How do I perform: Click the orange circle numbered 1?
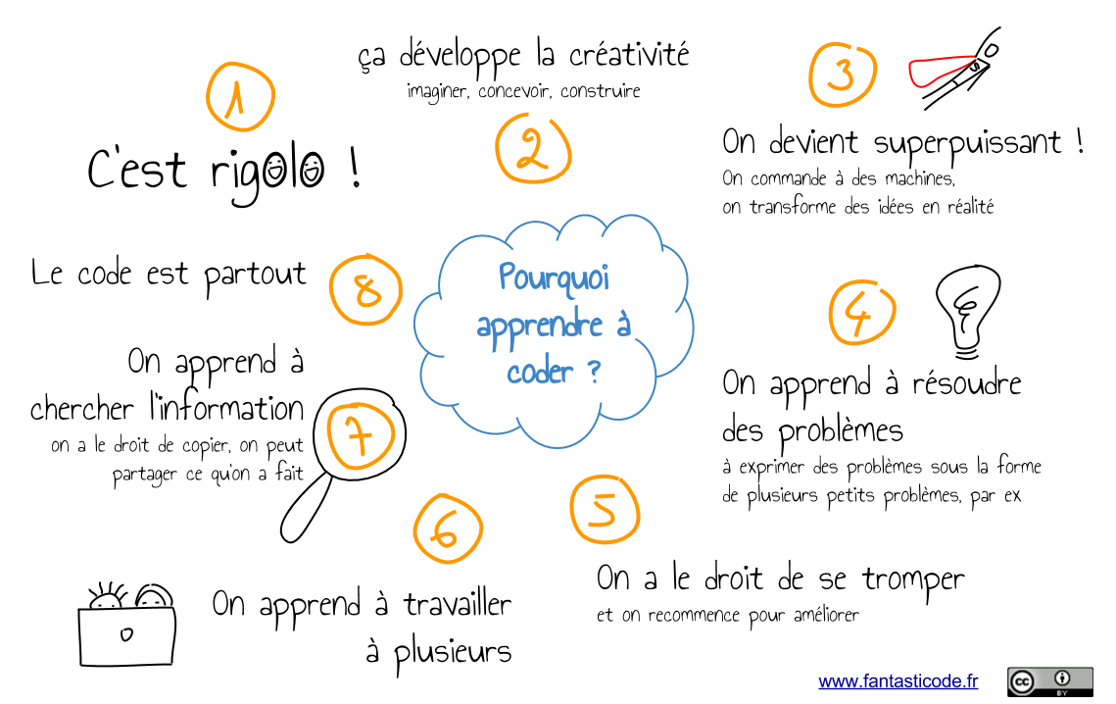point(240,96)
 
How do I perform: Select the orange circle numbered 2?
point(533,149)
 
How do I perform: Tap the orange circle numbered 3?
point(843,75)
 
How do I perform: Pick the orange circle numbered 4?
point(862,314)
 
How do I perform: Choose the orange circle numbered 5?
point(605,509)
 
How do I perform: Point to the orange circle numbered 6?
point(448,528)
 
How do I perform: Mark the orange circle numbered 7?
point(361,435)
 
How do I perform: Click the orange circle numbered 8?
point(366,290)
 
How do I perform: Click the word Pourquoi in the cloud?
point(554,279)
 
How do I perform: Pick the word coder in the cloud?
point(540,372)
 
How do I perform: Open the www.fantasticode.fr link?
point(898,681)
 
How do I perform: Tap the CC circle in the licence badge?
point(1021,682)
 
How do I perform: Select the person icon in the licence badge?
point(1062,678)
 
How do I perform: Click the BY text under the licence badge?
point(1062,693)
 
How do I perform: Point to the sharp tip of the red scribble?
point(974,58)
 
